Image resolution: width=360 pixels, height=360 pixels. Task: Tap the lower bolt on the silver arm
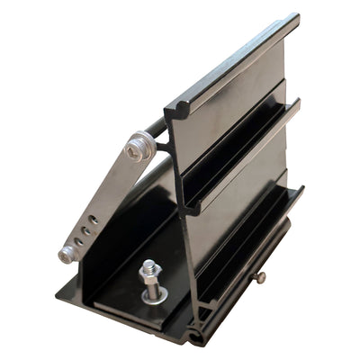67,256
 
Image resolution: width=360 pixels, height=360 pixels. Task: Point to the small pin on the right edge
259,280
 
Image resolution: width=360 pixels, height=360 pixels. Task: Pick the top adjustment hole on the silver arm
94,219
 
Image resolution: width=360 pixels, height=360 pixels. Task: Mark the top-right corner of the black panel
295,18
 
